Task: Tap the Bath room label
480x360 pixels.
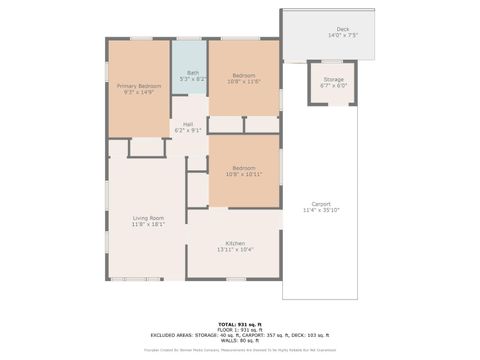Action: [193, 72]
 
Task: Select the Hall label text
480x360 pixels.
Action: [188, 123]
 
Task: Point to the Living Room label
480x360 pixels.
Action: [149, 217]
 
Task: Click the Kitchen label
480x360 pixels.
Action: [236, 243]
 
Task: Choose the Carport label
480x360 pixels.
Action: [322, 203]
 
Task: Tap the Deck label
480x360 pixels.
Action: [343, 29]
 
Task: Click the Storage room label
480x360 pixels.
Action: [333, 79]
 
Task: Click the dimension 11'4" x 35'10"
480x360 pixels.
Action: [322, 210]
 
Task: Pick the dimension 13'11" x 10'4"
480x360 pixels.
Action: [236, 249]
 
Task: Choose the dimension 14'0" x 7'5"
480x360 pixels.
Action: [343, 35]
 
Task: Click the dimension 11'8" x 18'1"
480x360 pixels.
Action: [149, 224]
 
